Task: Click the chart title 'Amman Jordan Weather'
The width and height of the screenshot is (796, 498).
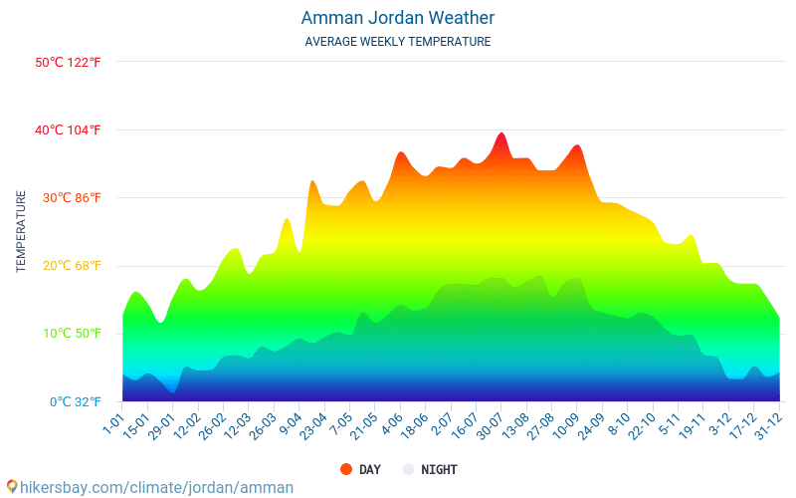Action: pos(397,18)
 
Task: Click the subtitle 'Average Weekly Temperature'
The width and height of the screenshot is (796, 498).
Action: pos(397,42)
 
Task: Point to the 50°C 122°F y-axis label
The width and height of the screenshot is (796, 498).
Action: pos(69,62)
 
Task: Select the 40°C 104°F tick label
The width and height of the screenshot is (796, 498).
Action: pos(69,129)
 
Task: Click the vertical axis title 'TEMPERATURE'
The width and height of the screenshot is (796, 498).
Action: pos(21,232)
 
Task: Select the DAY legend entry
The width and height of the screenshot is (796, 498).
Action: pos(369,469)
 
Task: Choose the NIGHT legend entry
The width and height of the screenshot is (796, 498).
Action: pos(439,469)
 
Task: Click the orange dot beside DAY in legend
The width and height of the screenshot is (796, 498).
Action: pos(346,469)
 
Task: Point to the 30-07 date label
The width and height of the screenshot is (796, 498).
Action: pos(490,426)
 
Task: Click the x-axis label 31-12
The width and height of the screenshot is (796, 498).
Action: pos(767,426)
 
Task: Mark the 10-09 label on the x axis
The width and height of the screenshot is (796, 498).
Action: pos(565,426)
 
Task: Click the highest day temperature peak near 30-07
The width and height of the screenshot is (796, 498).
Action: pos(501,133)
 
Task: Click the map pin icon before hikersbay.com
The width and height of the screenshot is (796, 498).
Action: pos(12,486)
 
